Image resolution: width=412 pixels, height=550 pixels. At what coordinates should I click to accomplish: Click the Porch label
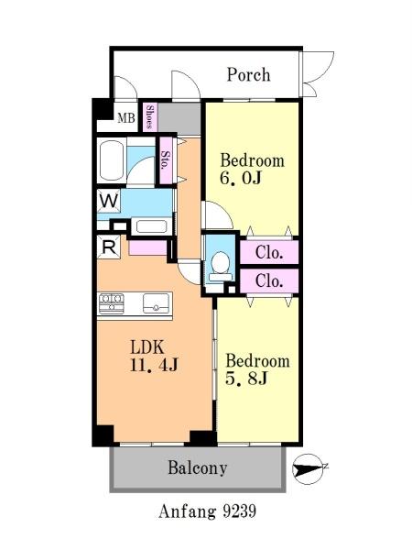click(248, 75)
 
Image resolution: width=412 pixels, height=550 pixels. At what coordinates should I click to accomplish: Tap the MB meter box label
click(126, 118)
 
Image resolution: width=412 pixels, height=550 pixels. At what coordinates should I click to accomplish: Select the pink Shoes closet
click(150, 116)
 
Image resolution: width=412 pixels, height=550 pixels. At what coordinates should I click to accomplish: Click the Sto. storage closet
click(167, 160)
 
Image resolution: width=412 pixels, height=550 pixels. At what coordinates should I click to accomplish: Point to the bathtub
click(112, 160)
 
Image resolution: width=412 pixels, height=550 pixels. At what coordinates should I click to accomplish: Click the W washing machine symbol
click(109, 201)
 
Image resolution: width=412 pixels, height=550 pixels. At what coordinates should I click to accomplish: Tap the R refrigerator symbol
click(109, 247)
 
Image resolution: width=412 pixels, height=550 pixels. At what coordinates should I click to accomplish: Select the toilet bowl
click(221, 266)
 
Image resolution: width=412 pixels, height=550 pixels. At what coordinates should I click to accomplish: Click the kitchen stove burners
click(112, 303)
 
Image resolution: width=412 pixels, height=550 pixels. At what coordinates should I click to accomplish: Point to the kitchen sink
click(156, 303)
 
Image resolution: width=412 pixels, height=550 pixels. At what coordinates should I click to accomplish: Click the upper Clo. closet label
click(269, 252)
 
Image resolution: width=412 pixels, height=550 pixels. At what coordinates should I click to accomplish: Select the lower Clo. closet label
click(269, 280)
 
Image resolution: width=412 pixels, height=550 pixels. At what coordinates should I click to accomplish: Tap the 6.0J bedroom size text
click(241, 178)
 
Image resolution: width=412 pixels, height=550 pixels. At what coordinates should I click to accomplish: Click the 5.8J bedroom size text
click(246, 378)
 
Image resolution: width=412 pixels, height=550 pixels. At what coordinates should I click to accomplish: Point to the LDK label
click(147, 347)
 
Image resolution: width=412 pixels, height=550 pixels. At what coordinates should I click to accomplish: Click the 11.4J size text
click(154, 365)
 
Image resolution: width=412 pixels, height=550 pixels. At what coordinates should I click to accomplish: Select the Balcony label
click(198, 467)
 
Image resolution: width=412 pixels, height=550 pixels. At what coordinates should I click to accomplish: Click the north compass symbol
click(308, 469)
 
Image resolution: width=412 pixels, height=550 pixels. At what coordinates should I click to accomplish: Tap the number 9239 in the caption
click(240, 511)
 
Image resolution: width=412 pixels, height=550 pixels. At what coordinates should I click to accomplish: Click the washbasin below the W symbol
click(151, 226)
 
